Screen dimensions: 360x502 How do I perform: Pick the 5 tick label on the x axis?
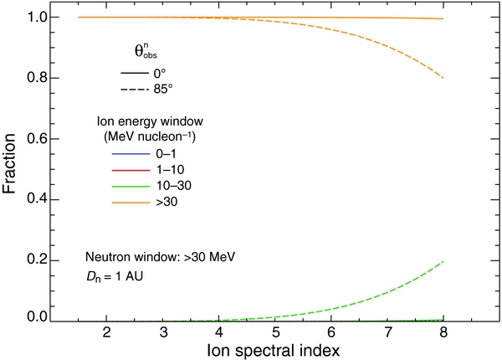click(x=274, y=333)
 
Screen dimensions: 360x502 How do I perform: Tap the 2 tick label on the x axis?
click(x=106, y=333)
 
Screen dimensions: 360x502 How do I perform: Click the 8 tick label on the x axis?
click(x=443, y=333)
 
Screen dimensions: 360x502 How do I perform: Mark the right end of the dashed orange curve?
click(x=443, y=78)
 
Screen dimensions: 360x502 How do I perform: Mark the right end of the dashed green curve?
click(x=443, y=262)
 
